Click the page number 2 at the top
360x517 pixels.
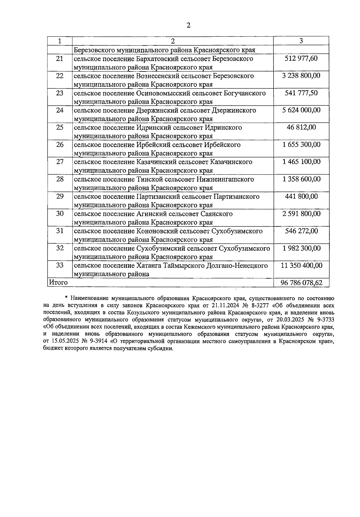click(x=188, y=26)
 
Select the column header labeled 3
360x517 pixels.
click(x=301, y=41)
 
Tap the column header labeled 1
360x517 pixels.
click(x=60, y=41)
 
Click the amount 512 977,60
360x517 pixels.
click(x=301, y=58)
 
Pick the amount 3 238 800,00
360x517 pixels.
click(x=301, y=76)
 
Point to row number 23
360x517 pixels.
click(x=60, y=93)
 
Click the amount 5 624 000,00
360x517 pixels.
click(x=301, y=110)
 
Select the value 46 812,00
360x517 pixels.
click(x=301, y=128)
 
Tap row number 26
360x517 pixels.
click(x=60, y=145)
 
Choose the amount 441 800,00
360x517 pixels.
click(x=301, y=197)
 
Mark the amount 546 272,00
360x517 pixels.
click(x=301, y=231)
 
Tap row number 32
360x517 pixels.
click(x=60, y=249)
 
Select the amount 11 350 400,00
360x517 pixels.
click(x=301, y=266)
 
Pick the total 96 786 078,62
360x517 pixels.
click(x=301, y=283)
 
